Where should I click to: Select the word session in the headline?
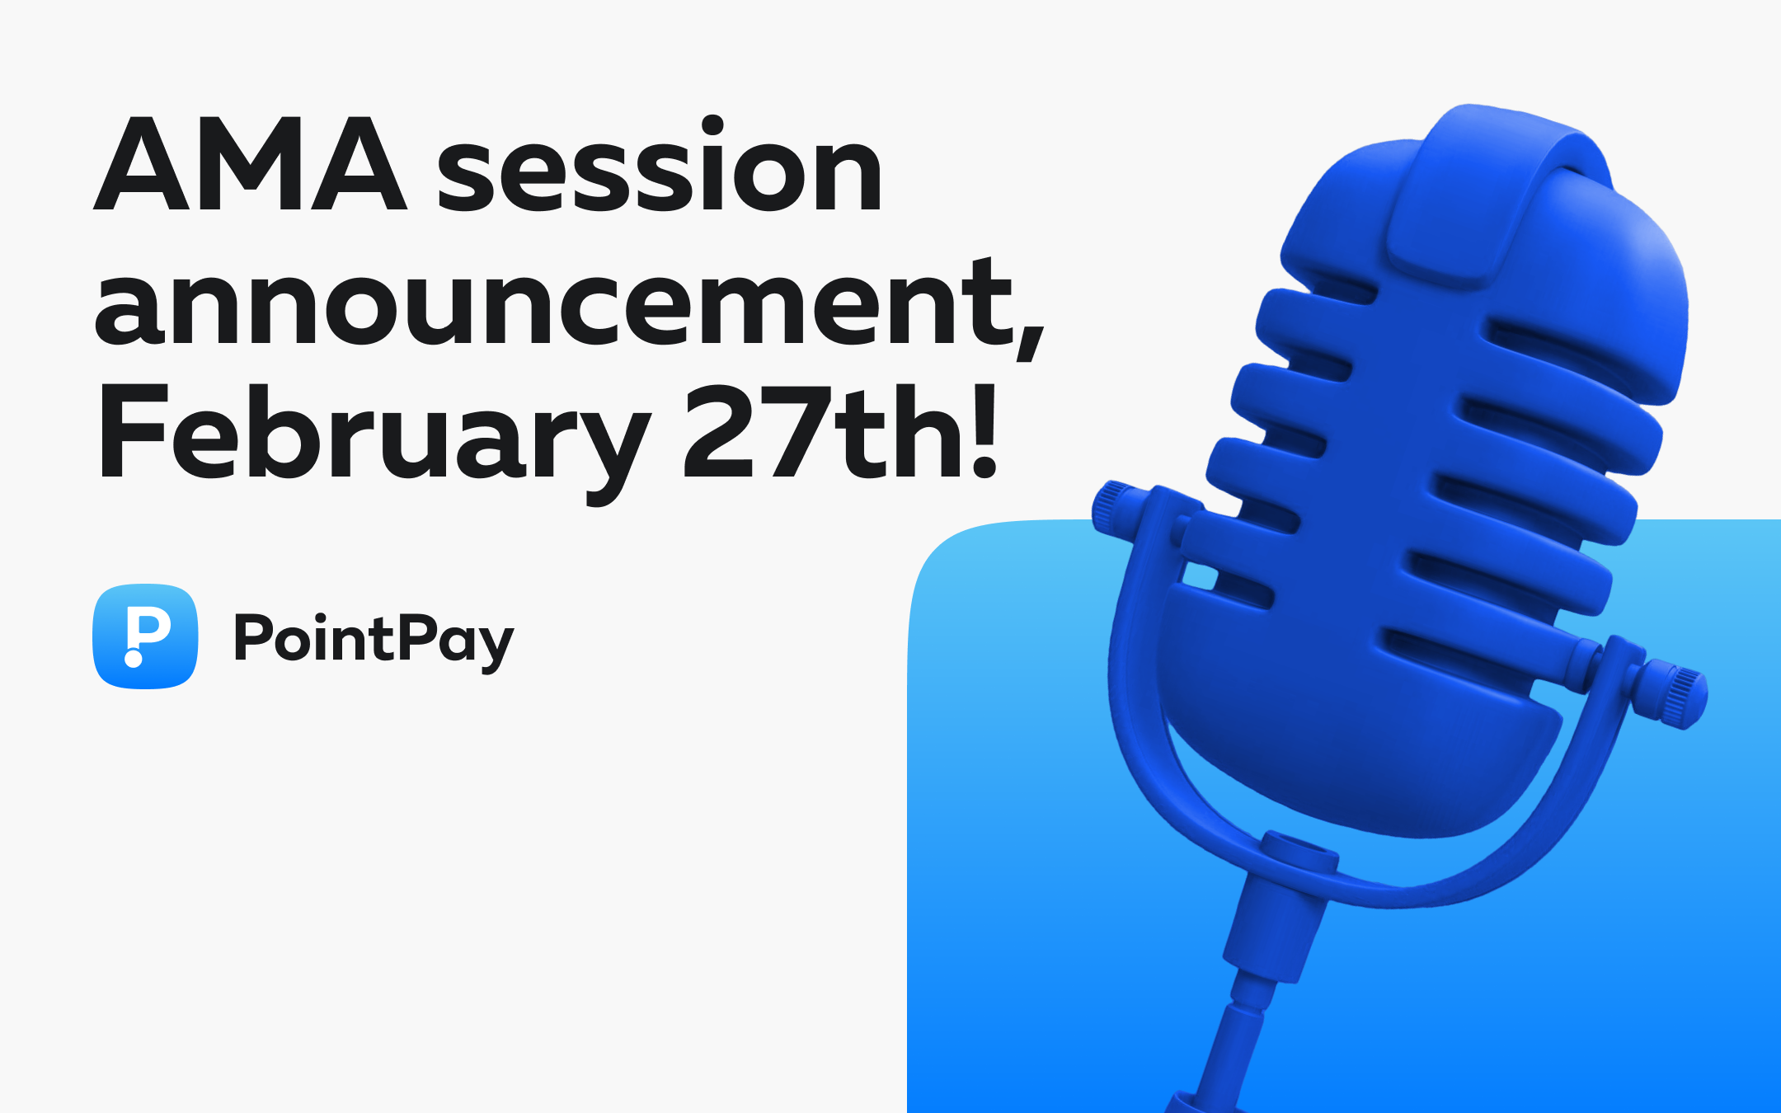pos(660,163)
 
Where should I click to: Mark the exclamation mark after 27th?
pos(984,431)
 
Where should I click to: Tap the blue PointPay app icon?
pos(145,636)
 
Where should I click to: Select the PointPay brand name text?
pos(374,641)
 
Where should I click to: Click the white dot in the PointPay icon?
pos(133,658)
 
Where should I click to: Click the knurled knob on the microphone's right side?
pos(1674,694)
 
